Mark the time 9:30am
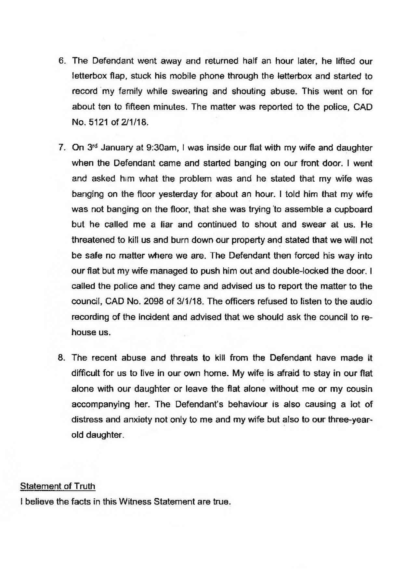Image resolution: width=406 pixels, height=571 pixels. click(162, 148)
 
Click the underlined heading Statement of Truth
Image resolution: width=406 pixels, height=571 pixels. click(58, 486)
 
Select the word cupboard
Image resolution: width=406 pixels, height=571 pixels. click(353, 209)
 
